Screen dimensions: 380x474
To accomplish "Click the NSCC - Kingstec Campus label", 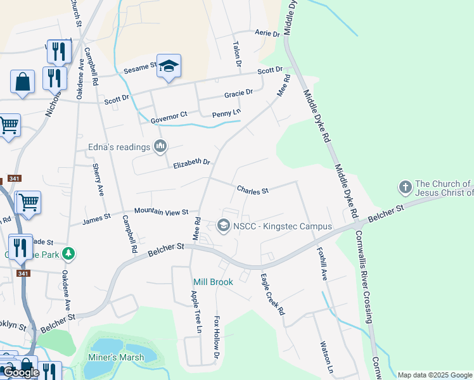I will (x=283, y=226).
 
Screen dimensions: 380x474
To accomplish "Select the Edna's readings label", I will (x=119, y=147).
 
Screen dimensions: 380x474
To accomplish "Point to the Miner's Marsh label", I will (x=115, y=357).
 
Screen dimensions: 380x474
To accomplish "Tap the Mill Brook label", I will (x=213, y=282).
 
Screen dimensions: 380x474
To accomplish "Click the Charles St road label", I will (x=253, y=190).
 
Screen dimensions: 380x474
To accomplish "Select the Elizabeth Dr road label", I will (x=191, y=163).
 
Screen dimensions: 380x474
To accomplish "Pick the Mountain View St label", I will (x=161, y=212).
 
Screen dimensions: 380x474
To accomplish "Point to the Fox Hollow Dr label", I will (x=217, y=338).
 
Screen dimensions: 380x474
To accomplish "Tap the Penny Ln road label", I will (x=227, y=113).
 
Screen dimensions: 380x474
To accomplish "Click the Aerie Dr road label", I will (x=267, y=34).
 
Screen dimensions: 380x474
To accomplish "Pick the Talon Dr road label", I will (x=237, y=54).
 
